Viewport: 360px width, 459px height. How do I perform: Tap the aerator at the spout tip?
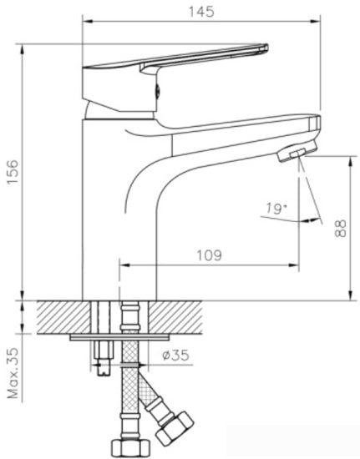click(x=295, y=154)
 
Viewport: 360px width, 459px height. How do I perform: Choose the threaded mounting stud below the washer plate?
click(x=104, y=355)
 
